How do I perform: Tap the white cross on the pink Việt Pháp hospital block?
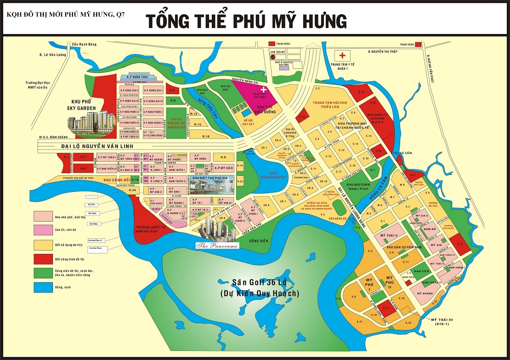(x=263, y=89)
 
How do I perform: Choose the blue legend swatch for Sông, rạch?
(x=42, y=288)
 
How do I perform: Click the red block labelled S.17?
(x=386, y=308)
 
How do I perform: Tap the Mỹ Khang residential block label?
(x=425, y=292)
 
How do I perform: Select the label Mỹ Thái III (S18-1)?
(x=442, y=321)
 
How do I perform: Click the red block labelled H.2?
(x=83, y=157)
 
